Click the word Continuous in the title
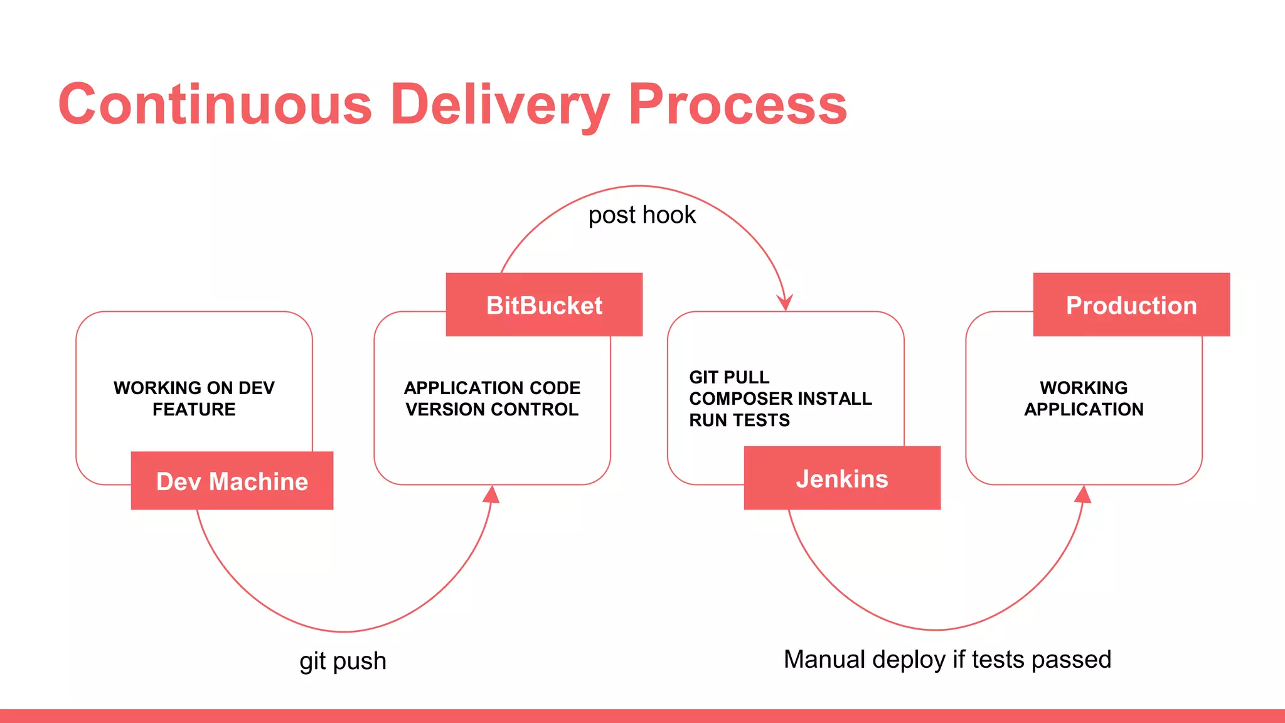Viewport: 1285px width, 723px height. click(215, 104)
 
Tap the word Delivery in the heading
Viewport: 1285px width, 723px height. click(499, 104)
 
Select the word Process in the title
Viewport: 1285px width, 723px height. click(737, 104)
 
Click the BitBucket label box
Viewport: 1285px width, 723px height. click(544, 305)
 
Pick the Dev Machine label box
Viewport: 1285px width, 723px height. click(232, 481)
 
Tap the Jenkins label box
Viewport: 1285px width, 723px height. click(841, 478)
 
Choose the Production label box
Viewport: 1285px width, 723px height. click(1131, 305)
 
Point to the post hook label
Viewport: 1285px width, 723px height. click(641, 215)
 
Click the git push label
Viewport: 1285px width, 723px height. click(343, 661)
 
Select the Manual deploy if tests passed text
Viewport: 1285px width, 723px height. click(947, 660)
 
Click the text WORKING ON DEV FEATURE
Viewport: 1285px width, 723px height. click(194, 399)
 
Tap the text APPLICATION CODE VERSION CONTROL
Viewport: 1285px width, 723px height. click(492, 399)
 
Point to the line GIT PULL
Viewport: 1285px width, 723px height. click(728, 377)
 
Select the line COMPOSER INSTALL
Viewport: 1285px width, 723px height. click(780, 399)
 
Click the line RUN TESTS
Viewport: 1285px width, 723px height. click(739, 420)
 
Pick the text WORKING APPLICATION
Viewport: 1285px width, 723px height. click(1084, 399)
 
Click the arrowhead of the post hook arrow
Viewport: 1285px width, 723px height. click(785, 303)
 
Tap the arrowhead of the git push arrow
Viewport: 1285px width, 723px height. click(492, 495)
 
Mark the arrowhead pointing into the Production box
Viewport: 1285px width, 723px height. click(1084, 495)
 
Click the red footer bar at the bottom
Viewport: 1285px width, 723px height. click(642, 716)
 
